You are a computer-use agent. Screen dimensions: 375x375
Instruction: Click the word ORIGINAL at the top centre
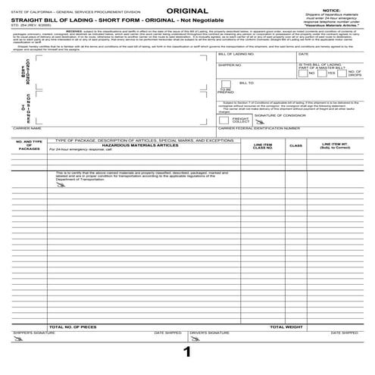tap(186, 10)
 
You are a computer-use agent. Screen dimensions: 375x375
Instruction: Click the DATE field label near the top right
tap(303, 55)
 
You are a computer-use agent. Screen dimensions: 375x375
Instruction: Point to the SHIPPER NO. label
tap(230, 65)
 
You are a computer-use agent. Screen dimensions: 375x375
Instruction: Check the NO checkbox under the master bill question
tap(303, 74)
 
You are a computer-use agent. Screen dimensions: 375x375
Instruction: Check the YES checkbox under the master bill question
tap(323, 74)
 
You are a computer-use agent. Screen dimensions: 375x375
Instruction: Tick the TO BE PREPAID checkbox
tap(225, 84)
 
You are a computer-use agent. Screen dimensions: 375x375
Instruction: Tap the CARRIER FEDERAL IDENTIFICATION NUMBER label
tap(255, 129)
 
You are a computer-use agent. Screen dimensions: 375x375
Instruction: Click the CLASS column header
tap(295, 145)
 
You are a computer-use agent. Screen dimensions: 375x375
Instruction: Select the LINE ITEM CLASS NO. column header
tap(263, 145)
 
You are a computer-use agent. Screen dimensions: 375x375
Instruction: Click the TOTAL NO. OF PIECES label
tap(73, 327)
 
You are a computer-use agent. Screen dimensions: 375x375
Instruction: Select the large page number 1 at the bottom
tap(186, 352)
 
